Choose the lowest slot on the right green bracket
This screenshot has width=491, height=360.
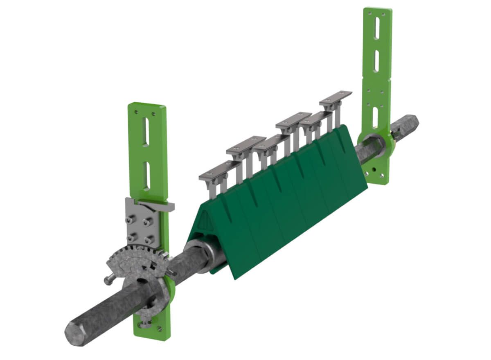click(x=375, y=116)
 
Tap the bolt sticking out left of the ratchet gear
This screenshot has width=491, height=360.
click(x=108, y=280)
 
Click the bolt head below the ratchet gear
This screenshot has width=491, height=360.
click(x=144, y=324)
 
